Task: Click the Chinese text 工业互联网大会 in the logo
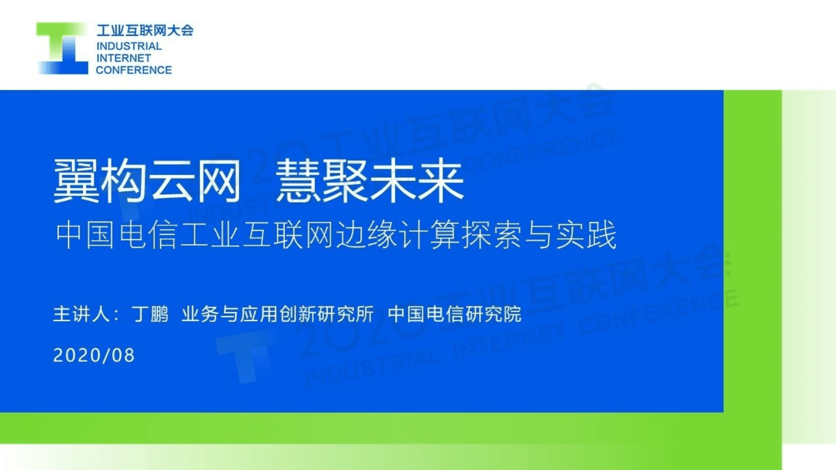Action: [145, 30]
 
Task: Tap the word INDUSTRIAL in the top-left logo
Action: [129, 46]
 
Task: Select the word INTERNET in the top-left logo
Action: [123, 58]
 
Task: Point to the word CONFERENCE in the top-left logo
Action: [134, 70]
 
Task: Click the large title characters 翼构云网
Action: [147, 181]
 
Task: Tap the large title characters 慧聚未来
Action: [370, 181]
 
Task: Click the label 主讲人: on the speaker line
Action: [86, 314]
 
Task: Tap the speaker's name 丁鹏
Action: [150, 314]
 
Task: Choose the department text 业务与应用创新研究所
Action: [277, 314]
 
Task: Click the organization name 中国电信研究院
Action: [454, 314]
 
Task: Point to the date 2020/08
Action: [94, 355]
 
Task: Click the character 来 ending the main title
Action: [441, 181]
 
